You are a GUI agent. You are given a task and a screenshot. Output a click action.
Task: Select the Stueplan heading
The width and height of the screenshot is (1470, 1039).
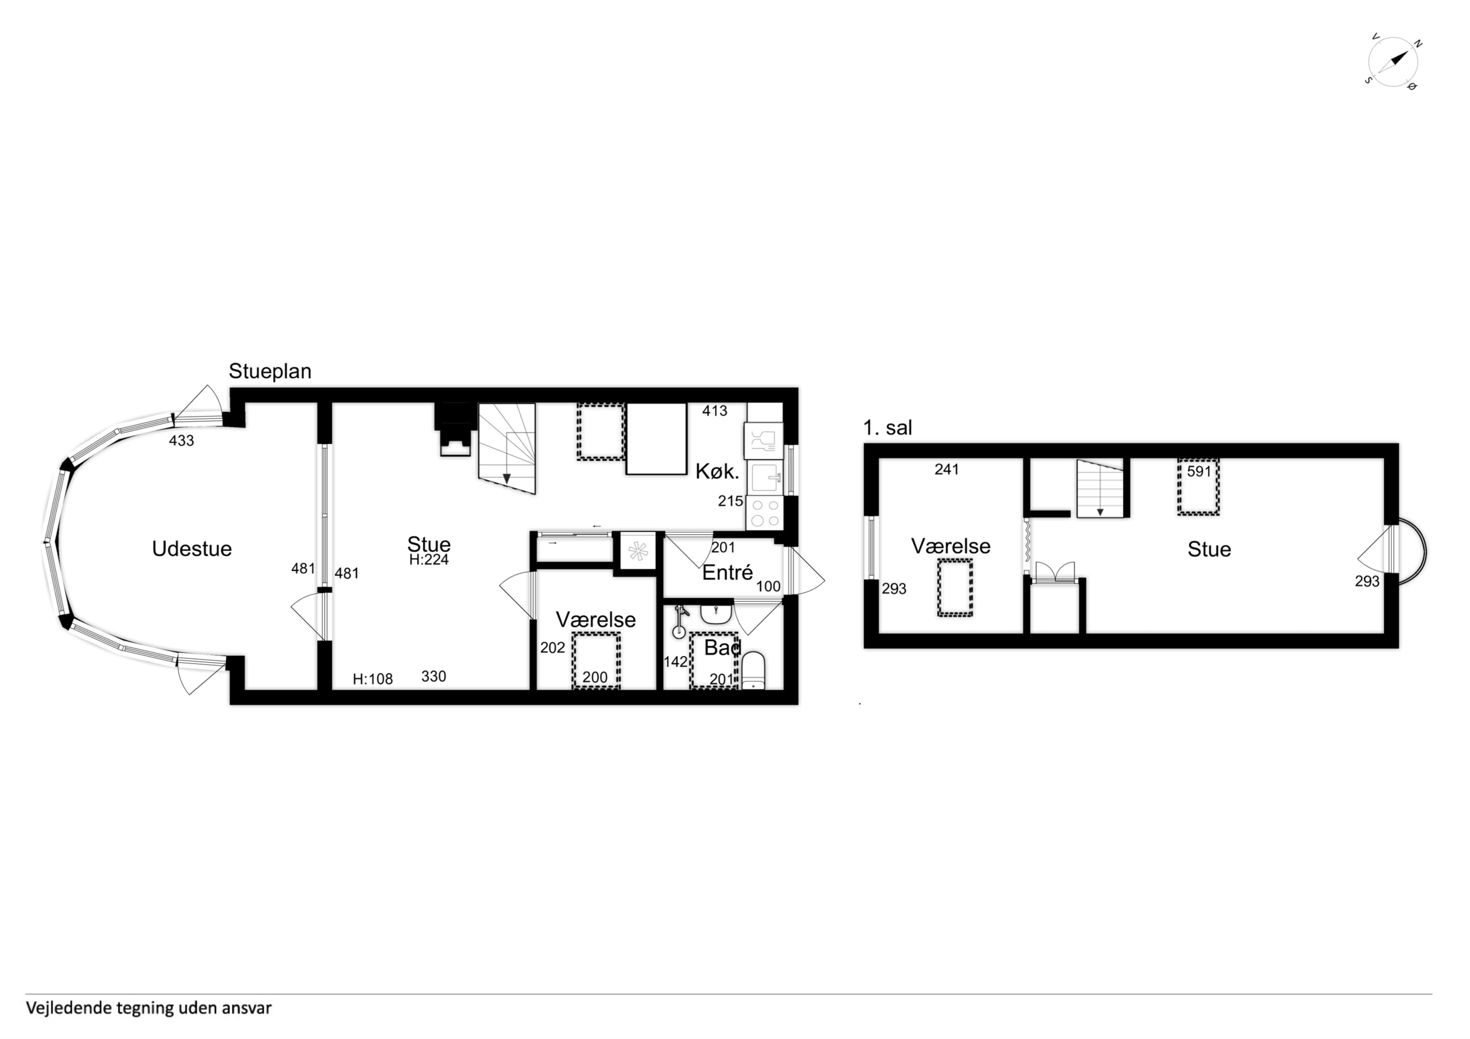tap(270, 371)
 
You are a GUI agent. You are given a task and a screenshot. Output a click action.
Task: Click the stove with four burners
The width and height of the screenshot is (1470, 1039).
tap(764, 513)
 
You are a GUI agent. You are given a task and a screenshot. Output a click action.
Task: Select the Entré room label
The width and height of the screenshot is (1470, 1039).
tap(727, 572)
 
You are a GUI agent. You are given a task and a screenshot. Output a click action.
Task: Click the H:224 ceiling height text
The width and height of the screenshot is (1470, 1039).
tap(429, 560)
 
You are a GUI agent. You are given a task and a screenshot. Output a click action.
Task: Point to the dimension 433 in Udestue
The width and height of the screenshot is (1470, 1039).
tap(181, 440)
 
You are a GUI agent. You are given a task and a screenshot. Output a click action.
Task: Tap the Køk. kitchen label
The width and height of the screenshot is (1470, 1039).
tap(717, 472)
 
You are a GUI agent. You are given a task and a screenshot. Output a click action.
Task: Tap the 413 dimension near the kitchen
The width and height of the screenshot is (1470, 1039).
tap(714, 411)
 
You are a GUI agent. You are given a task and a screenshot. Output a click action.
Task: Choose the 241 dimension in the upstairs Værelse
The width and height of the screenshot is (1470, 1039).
tap(946, 469)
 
